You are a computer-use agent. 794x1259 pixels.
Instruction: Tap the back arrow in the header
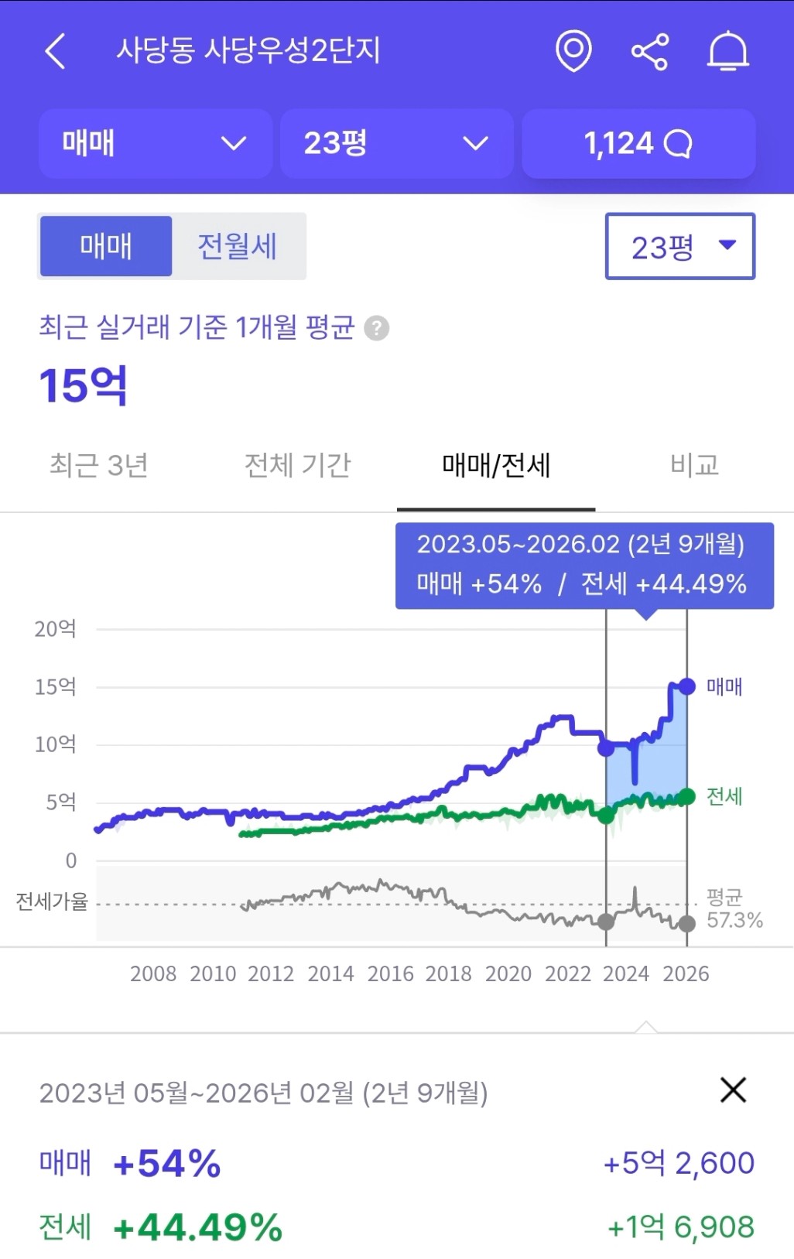55,52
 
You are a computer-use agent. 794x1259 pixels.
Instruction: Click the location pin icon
573,51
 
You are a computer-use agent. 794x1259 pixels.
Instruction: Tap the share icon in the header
650,52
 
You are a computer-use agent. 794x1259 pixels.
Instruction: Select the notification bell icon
727,52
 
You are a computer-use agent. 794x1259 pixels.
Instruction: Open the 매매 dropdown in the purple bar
155,144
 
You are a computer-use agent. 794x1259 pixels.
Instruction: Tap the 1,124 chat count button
638,144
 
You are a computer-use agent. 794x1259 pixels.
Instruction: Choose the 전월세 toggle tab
238,246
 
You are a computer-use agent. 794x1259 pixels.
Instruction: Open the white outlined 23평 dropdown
679,246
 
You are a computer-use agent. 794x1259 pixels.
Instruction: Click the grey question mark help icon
377,328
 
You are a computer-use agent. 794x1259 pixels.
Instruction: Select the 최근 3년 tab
99,465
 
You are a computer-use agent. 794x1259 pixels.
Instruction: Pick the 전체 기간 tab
298,465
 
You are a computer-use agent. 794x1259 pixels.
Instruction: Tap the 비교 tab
694,465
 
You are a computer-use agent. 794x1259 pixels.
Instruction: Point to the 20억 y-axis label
55,628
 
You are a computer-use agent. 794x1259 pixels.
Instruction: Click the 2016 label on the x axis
390,973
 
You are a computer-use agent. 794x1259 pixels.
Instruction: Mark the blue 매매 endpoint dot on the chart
686,686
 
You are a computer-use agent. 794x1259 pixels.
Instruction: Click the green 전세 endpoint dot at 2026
686,796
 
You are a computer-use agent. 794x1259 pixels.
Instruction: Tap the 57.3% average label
734,920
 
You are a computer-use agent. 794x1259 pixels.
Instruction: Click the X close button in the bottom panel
732,1090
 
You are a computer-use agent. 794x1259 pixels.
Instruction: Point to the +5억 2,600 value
679,1162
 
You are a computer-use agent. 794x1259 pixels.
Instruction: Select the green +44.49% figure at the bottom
198,1227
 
